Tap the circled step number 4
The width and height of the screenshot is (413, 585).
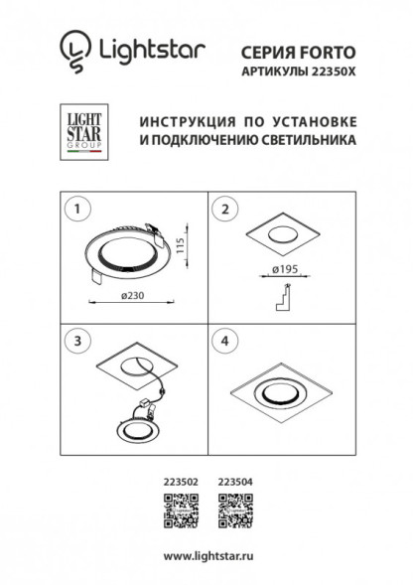pyautogui.click(x=225, y=340)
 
